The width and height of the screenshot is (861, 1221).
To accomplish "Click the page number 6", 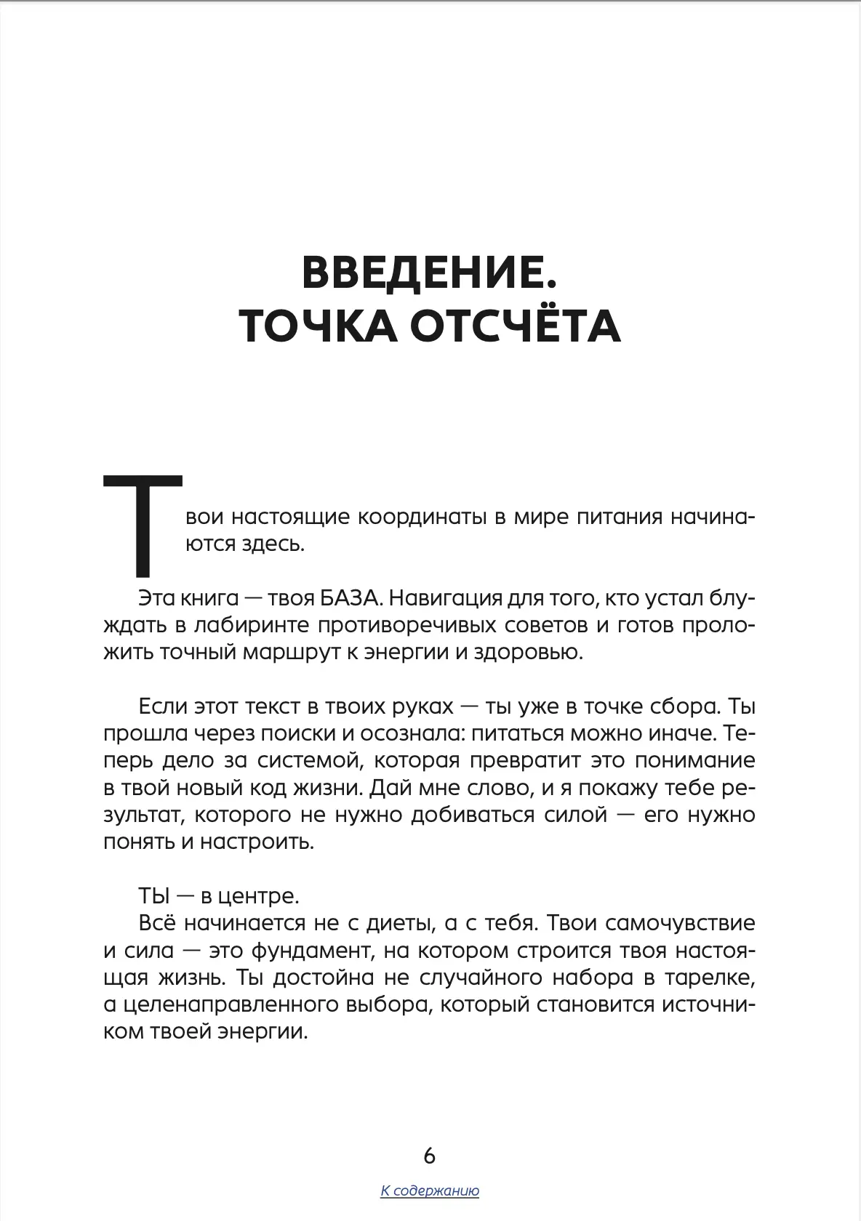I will click(x=429, y=1155).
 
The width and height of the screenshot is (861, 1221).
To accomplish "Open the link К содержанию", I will click(x=429, y=1190).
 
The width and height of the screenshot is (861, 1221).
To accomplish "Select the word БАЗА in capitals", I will click(x=349, y=598).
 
